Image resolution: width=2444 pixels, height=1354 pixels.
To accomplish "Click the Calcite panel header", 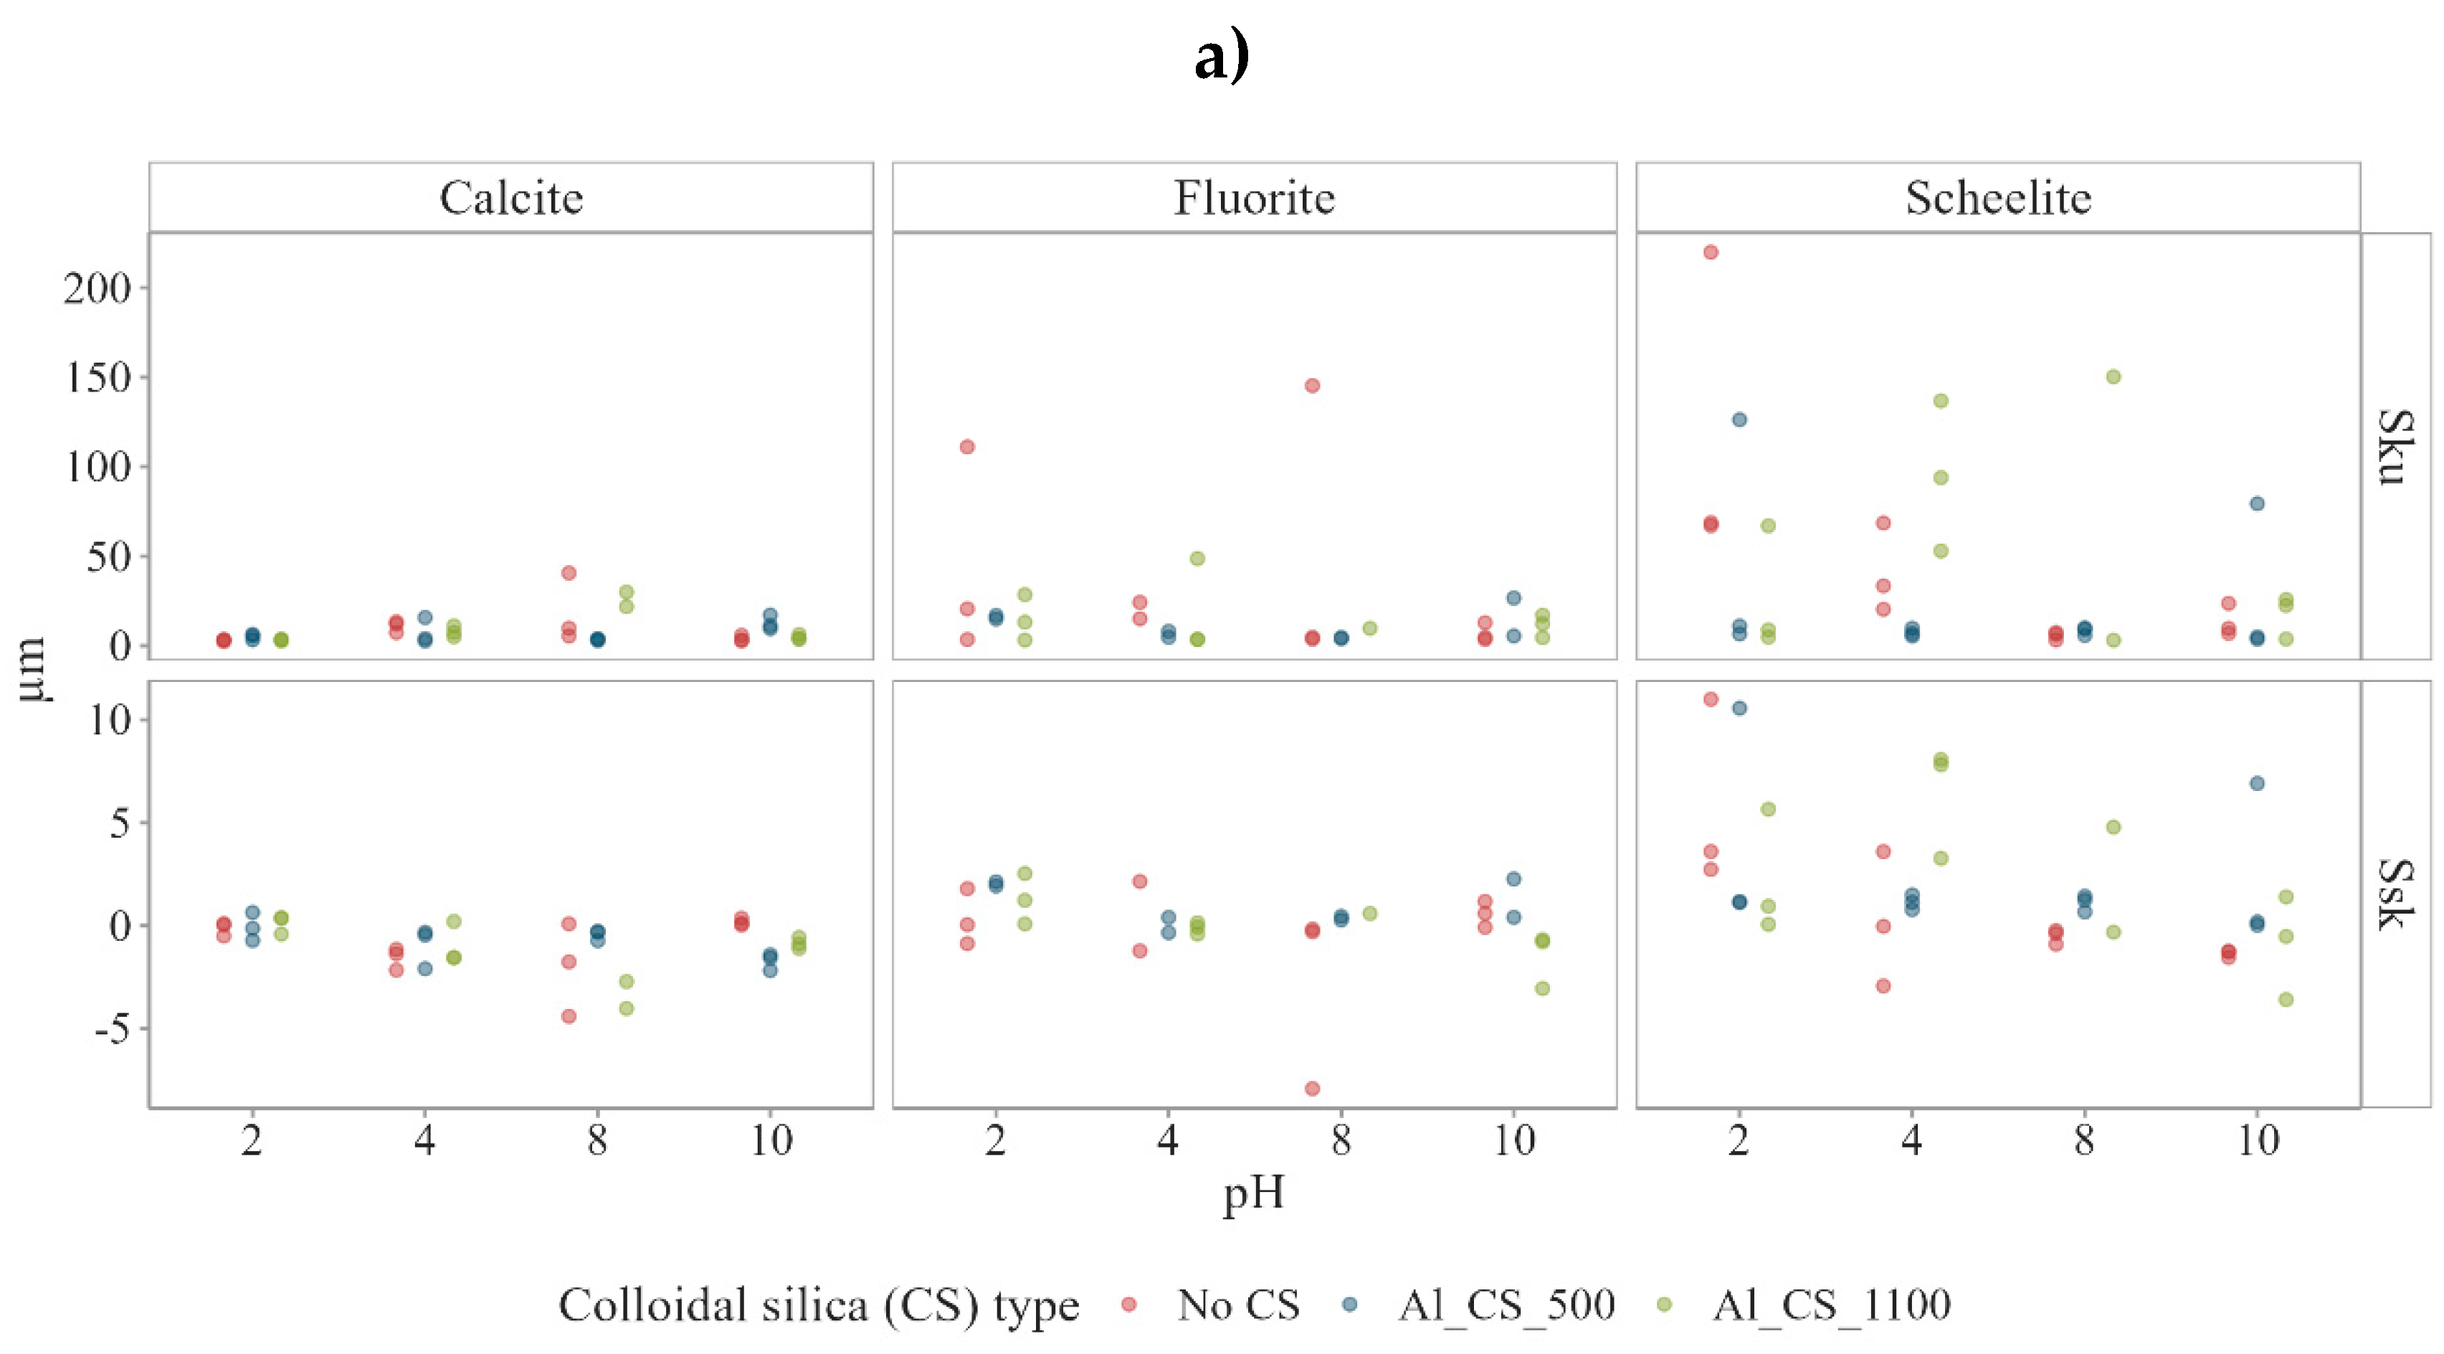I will click(510, 197).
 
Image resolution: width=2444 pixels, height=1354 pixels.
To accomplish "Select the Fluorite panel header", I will click(1253, 197).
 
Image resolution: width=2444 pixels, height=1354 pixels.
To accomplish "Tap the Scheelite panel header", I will click(1998, 197).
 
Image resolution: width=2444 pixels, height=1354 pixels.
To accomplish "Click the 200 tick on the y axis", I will click(98, 288).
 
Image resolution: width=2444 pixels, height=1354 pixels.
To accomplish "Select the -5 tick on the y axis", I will click(112, 1028).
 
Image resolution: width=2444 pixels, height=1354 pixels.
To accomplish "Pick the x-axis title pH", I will click(1253, 1193).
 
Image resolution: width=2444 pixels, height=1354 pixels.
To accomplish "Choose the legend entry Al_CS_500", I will click(1506, 1305).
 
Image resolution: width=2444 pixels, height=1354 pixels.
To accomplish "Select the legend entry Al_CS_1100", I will click(1831, 1305).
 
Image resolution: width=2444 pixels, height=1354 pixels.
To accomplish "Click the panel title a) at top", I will click(1221, 57).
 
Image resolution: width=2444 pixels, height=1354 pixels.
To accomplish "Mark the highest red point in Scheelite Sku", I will click(1711, 252).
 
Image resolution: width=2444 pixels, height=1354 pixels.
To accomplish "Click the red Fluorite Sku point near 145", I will click(1312, 385).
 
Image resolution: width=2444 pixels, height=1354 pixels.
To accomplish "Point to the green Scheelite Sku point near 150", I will click(2113, 377).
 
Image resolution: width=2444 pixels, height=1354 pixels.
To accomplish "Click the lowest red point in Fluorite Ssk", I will click(1312, 1089).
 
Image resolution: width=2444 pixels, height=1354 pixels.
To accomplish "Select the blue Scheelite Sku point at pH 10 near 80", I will click(2257, 504).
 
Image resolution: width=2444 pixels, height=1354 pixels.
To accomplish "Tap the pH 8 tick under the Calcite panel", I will click(596, 1140).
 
